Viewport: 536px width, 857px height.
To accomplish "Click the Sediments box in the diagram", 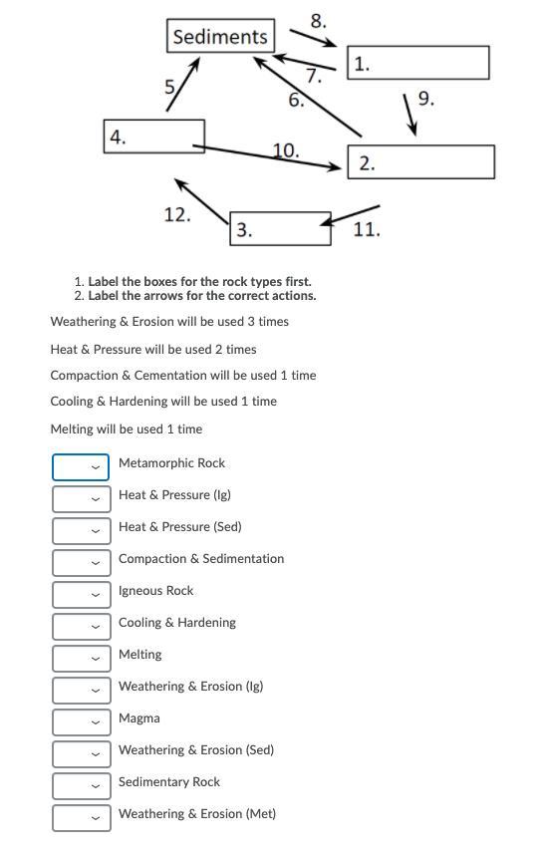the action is point(220,36).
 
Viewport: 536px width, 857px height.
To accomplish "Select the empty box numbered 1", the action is point(418,63).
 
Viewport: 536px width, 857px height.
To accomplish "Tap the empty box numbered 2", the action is point(420,161).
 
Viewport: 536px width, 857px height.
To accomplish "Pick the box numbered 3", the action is point(280,228).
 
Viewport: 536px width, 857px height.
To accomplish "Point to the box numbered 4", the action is point(154,137).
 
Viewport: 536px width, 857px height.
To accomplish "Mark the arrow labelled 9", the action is point(410,115).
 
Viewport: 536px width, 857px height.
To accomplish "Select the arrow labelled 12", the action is point(201,201).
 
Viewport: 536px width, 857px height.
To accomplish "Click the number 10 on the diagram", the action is point(286,150).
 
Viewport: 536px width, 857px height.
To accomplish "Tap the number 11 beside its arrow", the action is point(366,229).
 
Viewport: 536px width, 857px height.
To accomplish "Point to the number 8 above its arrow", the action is point(318,21).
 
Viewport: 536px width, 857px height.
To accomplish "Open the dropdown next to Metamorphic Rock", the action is point(81,467).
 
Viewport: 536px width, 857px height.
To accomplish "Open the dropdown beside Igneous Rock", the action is point(82,595).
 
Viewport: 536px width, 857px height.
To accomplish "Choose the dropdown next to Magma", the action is point(82,722).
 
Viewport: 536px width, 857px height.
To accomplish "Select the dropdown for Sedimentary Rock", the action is point(82,786).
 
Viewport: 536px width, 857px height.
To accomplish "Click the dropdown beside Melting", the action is point(82,659).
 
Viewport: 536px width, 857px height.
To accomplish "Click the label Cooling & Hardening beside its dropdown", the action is point(177,623).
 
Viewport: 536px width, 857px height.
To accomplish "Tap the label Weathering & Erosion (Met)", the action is point(197,814).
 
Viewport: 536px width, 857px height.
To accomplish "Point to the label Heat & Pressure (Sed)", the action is point(179,527).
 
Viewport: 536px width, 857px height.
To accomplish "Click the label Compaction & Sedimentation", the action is point(201,559).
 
